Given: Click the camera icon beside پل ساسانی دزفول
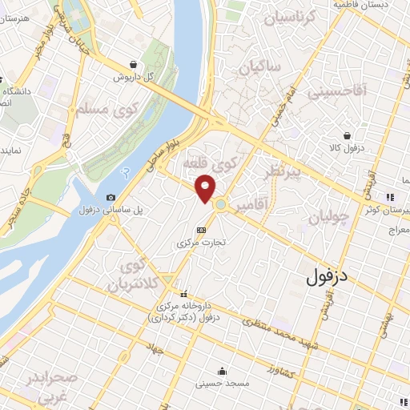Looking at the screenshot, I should click(x=111, y=198).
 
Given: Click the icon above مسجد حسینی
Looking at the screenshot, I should click(x=221, y=372).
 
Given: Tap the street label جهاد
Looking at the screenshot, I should click(x=155, y=350).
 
